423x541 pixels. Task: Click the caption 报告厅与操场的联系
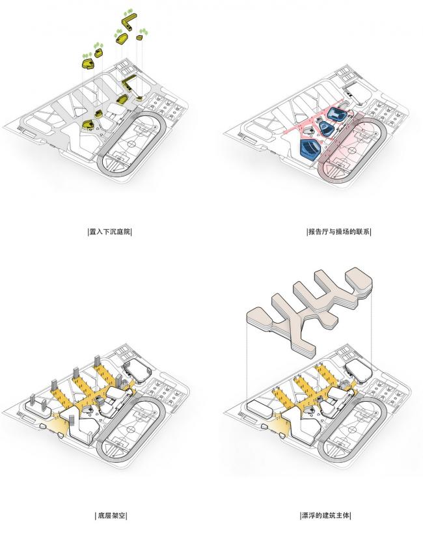tap(338, 232)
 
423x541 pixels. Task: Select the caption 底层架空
tap(109, 516)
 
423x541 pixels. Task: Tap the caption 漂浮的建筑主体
tap(326, 516)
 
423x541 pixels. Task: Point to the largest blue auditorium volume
tap(308, 148)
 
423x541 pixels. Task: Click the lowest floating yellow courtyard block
tap(87, 63)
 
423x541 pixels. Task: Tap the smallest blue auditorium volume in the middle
tap(326, 128)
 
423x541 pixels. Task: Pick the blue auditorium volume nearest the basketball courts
tap(337, 114)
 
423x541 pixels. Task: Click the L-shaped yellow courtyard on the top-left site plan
tap(131, 83)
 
